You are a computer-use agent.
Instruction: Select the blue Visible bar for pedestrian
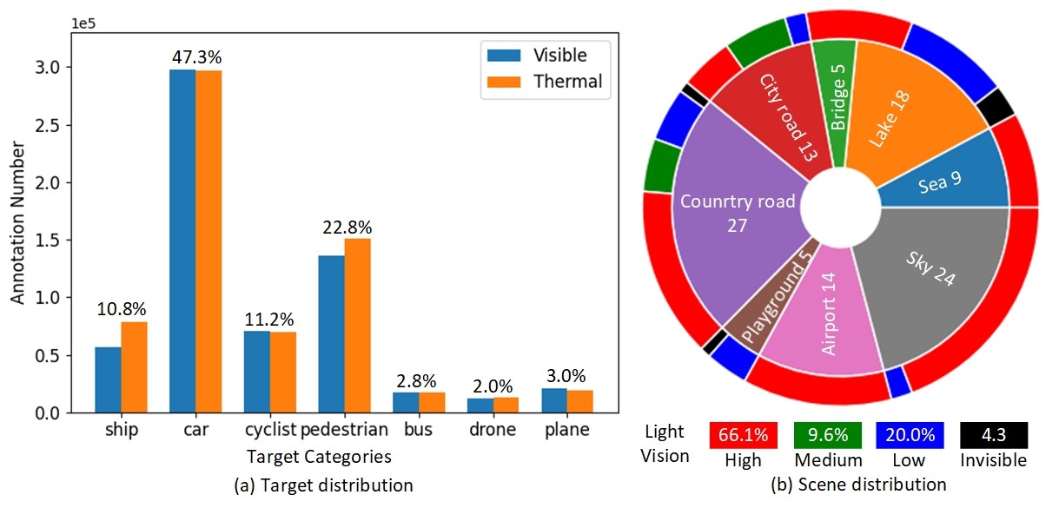(331, 334)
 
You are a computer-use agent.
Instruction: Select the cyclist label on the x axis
(271, 430)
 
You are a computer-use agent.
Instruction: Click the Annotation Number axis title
(18, 224)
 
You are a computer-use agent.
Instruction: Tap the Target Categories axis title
(318, 456)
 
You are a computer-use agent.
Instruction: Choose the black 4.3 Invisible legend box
(994, 435)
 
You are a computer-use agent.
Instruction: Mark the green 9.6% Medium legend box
(827, 435)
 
